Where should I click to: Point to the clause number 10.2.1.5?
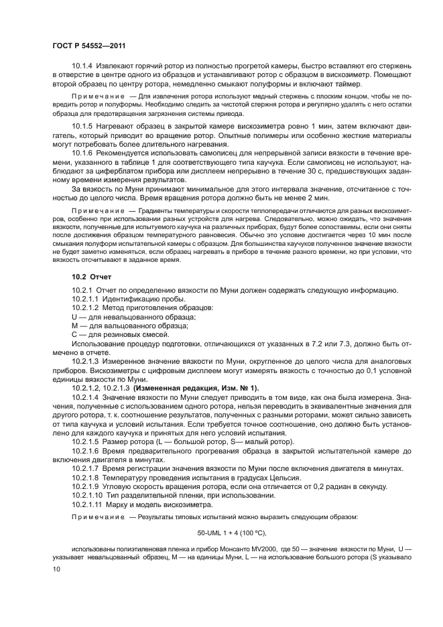(x=86, y=443)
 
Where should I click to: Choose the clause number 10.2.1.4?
(x=86, y=397)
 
